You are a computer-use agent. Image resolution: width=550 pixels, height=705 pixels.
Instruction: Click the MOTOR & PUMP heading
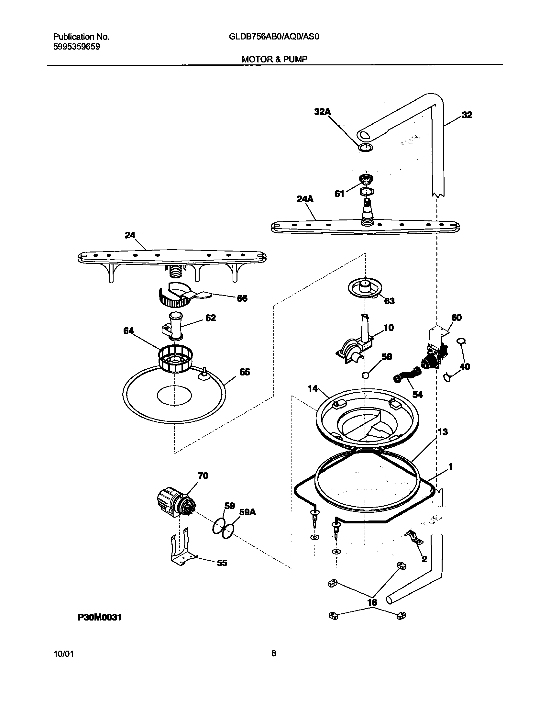[x=274, y=59]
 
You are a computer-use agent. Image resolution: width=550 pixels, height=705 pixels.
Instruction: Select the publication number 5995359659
[x=76, y=47]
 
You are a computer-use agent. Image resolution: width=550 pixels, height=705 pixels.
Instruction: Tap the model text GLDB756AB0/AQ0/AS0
[x=274, y=37]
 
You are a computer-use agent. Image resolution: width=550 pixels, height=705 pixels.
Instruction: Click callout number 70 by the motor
[x=203, y=476]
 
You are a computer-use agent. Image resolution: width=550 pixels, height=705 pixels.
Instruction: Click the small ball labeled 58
[x=365, y=375]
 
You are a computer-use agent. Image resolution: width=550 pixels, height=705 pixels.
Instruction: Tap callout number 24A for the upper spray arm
[x=305, y=199]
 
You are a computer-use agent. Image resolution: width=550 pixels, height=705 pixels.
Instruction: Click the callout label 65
[x=245, y=372]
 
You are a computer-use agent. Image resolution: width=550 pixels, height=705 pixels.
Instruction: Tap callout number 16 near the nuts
[x=372, y=602]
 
